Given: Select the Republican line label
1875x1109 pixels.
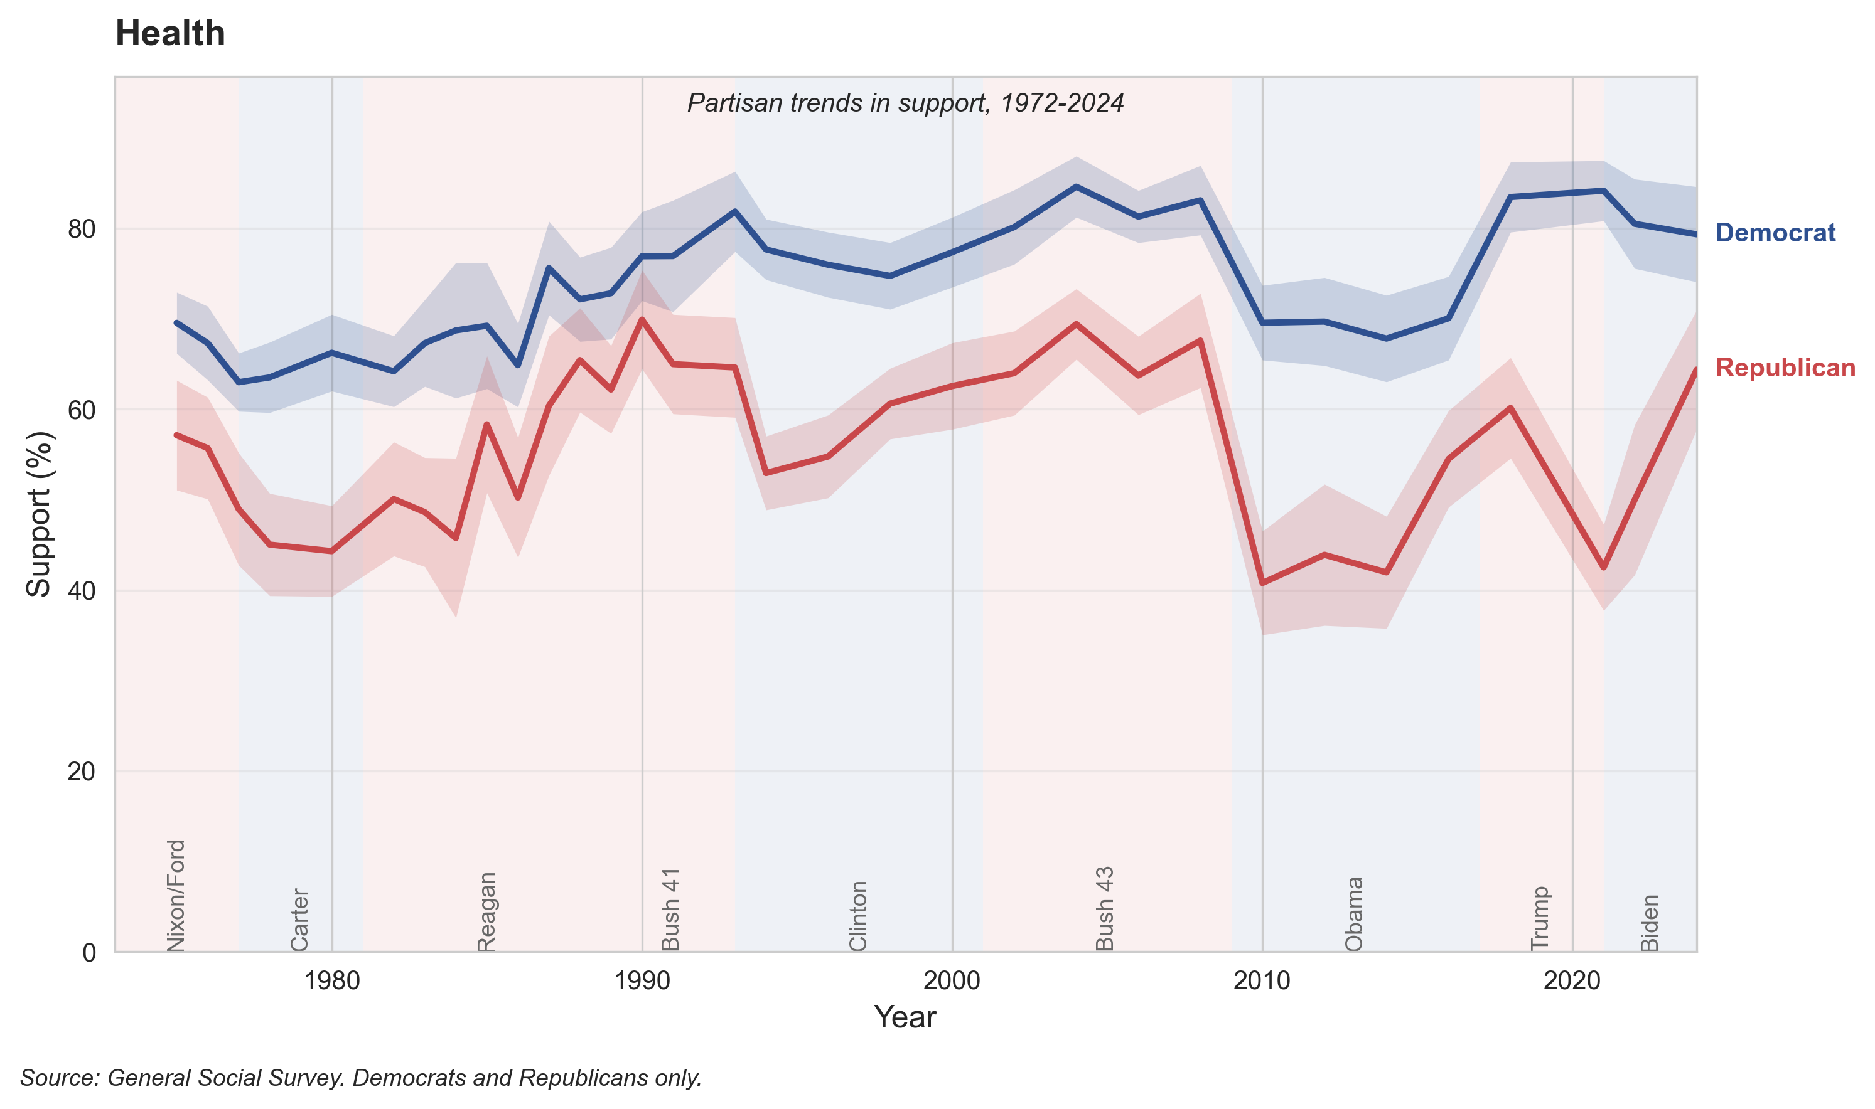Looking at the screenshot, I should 1785,368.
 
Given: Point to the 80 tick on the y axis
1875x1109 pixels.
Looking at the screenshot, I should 82,230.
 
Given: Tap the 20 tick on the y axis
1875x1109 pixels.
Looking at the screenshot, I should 82,771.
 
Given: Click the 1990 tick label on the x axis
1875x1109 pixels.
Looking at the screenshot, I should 642,980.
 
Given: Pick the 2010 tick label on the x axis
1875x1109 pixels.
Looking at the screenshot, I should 1261,980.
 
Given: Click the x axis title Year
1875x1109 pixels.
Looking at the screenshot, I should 905,1017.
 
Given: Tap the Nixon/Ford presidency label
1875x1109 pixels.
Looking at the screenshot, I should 176,894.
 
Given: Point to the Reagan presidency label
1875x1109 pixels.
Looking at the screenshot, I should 486,911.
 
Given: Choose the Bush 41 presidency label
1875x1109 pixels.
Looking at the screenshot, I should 670,909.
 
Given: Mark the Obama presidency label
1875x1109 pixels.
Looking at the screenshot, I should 1354,913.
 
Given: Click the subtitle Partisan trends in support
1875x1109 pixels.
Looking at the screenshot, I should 905,103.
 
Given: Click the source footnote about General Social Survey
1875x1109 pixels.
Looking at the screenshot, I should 360,1078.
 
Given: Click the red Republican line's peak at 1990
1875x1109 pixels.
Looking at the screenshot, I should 642,319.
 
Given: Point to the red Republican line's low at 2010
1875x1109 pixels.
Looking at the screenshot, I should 1262,583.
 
